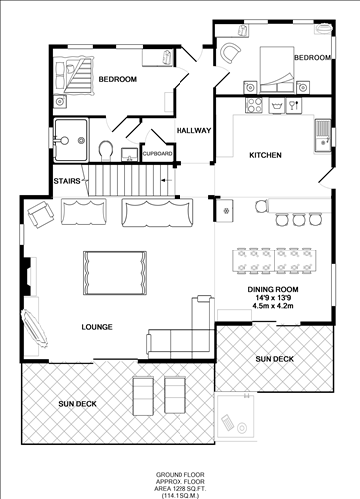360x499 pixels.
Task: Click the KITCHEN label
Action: pyautogui.click(x=265, y=156)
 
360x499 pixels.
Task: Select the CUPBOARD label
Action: pyautogui.click(x=157, y=154)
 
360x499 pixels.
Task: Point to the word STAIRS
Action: pyautogui.click(x=68, y=181)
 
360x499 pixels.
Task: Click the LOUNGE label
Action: pyautogui.click(x=97, y=327)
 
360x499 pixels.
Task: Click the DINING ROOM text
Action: pyautogui.click(x=274, y=289)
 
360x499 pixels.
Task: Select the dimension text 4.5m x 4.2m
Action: pyautogui.click(x=274, y=307)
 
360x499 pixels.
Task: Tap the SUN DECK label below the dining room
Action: pyautogui.click(x=273, y=358)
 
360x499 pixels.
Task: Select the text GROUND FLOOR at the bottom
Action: pyautogui.click(x=179, y=474)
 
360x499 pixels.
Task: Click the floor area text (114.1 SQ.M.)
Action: pyautogui.click(x=179, y=493)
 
